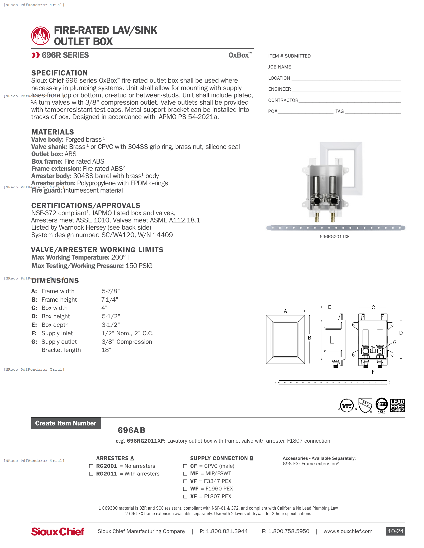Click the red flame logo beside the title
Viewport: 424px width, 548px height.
40,36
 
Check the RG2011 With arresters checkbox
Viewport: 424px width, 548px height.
91,474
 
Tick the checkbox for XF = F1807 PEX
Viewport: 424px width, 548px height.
185,496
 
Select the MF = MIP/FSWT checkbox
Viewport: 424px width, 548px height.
185,474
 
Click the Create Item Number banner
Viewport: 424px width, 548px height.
66,423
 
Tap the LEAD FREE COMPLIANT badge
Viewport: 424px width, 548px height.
398,406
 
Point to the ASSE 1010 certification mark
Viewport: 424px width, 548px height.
382,405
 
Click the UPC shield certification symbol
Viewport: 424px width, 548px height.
365,405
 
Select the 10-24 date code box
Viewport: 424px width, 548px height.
395,531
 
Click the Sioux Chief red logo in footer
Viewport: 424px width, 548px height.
58,532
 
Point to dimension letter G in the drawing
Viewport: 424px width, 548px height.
395,342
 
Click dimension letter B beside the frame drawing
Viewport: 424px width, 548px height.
310,338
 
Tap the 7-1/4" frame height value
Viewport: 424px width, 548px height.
109,300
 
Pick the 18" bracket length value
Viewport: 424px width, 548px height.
106,350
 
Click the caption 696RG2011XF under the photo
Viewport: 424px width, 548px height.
334,237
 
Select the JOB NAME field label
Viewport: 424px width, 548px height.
279,67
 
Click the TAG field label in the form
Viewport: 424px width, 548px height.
339,111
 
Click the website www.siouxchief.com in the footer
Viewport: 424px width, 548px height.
348,531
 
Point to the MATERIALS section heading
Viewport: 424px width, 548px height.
52,132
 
